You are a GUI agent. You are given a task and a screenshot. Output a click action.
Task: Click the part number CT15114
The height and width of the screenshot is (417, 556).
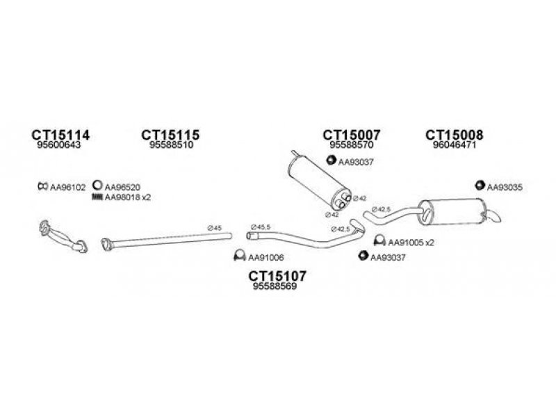tap(61, 135)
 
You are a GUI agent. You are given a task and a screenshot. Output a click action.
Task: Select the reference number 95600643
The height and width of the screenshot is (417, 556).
tap(58, 145)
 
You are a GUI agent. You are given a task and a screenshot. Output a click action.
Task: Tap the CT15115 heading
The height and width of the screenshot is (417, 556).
tap(170, 135)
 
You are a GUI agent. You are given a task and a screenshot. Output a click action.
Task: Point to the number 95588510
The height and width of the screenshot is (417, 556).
tap(170, 145)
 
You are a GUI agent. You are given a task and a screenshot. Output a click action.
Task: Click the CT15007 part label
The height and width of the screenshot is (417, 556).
tap(352, 135)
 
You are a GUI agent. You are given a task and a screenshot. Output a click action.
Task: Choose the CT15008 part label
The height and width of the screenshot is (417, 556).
tap(455, 135)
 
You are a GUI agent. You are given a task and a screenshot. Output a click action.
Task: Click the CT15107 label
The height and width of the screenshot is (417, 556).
tap(277, 276)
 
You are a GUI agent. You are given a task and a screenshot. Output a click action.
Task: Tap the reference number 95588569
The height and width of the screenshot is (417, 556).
tap(276, 287)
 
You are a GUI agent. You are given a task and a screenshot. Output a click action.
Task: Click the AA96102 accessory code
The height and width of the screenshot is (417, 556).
tap(67, 187)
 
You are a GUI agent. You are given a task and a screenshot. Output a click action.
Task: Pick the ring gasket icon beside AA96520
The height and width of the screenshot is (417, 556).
tap(98, 186)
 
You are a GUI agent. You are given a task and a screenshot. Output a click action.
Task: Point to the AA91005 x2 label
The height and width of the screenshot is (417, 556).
tap(411, 243)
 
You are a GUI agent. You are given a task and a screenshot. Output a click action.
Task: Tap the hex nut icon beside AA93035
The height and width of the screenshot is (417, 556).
tap(480, 186)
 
